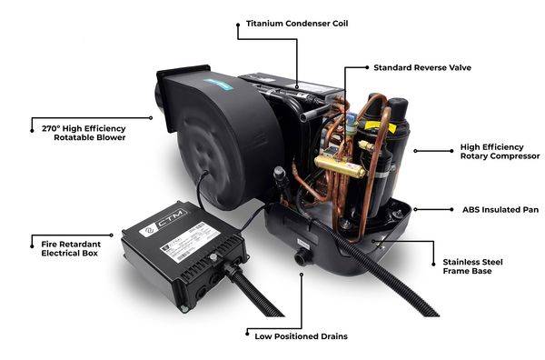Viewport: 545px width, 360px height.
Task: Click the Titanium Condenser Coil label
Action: click(297, 24)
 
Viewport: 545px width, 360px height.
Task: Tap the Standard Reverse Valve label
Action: click(422, 67)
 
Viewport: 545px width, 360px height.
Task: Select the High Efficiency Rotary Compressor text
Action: click(500, 151)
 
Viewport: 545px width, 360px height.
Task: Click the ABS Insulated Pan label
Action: click(500, 210)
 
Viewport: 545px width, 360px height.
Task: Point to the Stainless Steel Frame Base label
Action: click(472, 266)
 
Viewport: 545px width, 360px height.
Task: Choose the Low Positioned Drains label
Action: click(301, 336)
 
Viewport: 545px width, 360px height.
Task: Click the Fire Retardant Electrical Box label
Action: click(71, 249)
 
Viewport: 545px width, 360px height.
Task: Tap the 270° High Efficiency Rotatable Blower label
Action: click(84, 133)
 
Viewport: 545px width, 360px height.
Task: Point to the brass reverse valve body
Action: click(340, 166)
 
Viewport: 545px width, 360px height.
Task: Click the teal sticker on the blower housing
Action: click(218, 85)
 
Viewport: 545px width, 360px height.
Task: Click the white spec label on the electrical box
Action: click(191, 242)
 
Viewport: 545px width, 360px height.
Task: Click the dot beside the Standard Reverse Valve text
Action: click(367, 67)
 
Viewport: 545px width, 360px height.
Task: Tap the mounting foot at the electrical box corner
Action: click(183, 308)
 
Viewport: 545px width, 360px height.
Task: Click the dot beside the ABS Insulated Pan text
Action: click(451, 209)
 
